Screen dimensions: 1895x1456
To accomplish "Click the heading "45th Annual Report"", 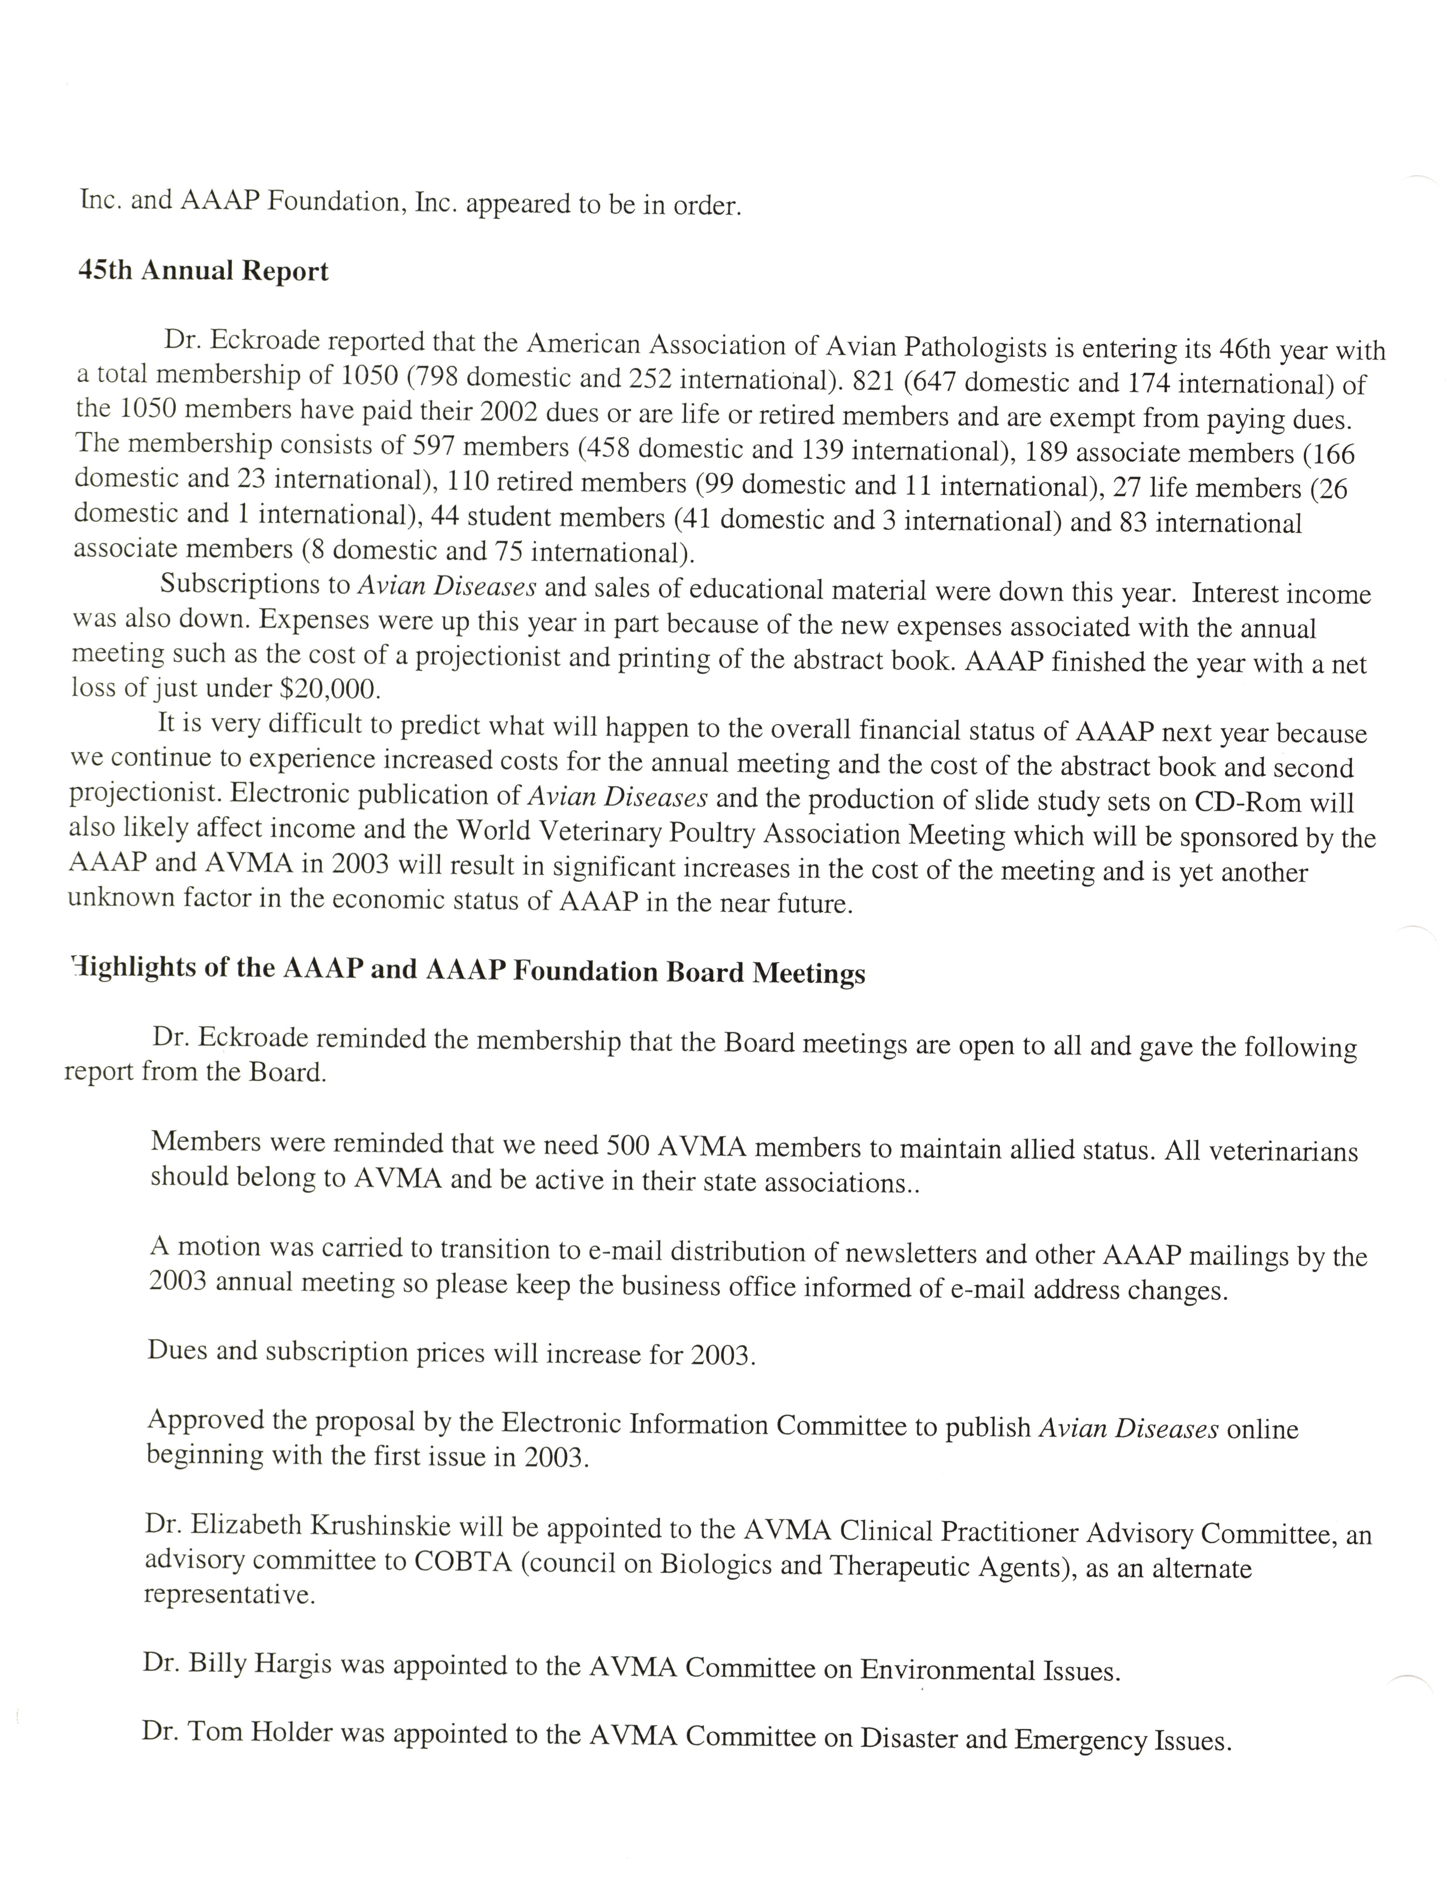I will point(203,271).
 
